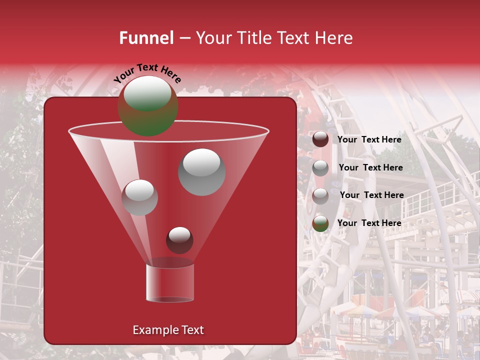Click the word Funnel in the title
tap(146, 38)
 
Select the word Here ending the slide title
tap(333, 38)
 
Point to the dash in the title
tap(184, 38)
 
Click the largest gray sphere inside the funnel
tap(202, 172)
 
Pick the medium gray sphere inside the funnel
tap(139, 197)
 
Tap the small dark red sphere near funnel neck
tap(179, 240)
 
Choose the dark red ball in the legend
tap(320, 139)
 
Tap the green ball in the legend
tap(320, 223)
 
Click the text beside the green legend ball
tap(369, 223)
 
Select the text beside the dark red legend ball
tap(369, 139)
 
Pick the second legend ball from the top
tap(320, 168)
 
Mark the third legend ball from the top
tap(320, 196)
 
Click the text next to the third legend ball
tap(372, 195)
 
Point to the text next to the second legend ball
tap(371, 167)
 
